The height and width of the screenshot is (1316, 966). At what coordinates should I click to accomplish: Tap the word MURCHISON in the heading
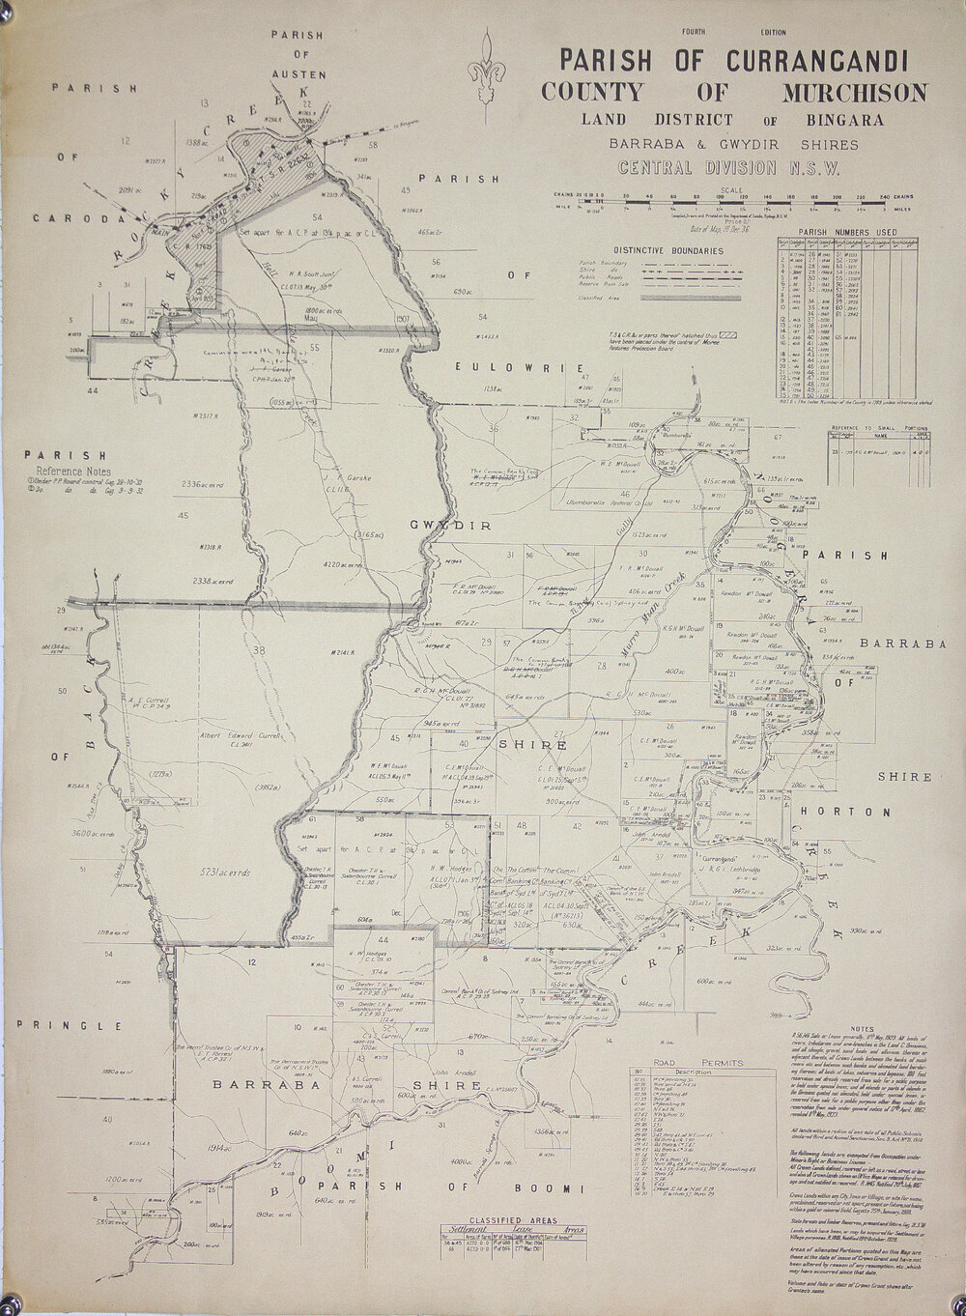coord(858,94)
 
